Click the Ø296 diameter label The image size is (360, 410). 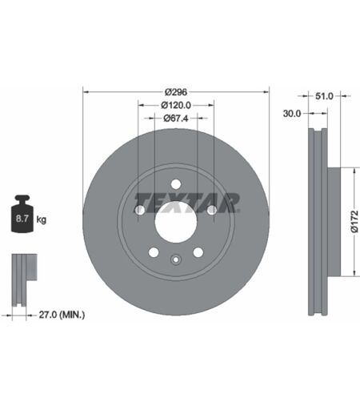[x=176, y=92]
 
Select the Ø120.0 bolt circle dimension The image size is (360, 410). [x=176, y=106]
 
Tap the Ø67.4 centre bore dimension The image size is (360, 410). [x=176, y=119]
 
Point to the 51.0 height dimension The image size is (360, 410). [x=324, y=96]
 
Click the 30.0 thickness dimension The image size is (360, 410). [x=292, y=114]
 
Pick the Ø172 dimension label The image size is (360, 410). [x=354, y=222]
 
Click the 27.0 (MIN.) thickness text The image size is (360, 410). [x=62, y=315]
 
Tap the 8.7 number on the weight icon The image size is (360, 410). [x=22, y=219]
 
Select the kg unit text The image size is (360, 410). [x=41, y=219]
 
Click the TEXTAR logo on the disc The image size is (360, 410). [x=186, y=203]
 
